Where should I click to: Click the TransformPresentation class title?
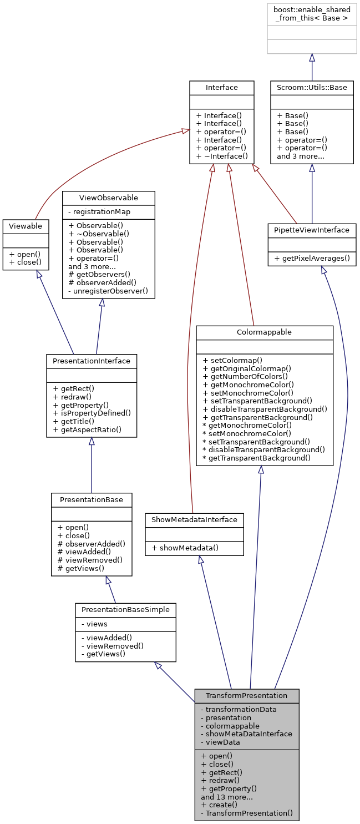246,695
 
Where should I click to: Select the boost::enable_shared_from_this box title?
312,14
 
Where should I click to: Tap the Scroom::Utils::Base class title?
312,87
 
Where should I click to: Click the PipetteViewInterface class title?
312,230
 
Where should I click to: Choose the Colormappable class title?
264,332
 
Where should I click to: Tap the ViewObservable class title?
108,198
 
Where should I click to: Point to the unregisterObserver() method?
108,290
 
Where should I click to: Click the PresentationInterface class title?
91,361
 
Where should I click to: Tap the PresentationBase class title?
91,499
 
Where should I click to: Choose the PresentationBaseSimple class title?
125,609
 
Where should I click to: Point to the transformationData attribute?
239,709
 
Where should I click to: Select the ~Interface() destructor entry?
221,156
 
